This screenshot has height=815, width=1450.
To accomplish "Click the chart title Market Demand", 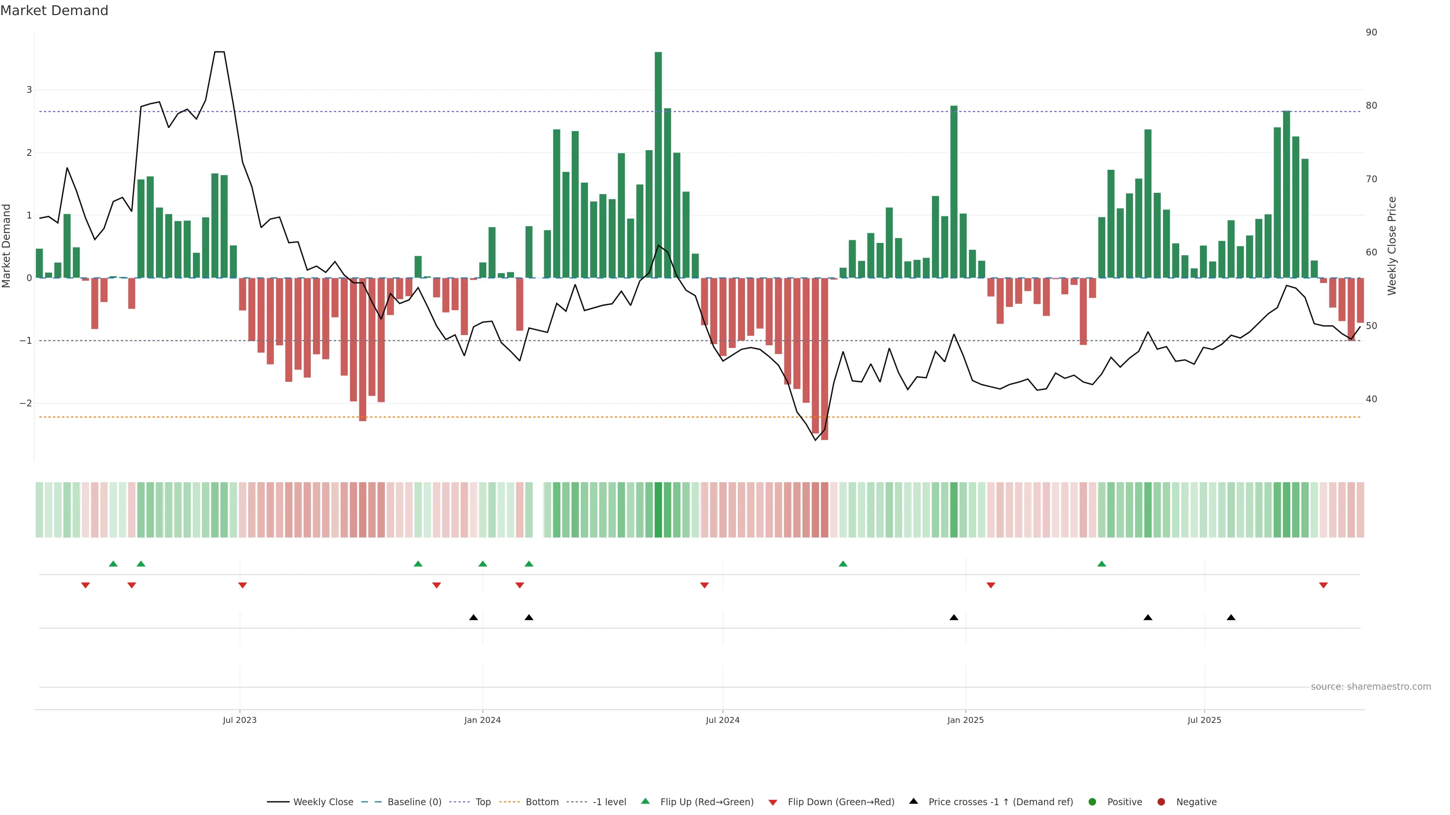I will [54, 11].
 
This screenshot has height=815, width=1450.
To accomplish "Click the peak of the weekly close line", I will [219, 52].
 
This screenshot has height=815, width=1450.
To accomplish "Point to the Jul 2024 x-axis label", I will [722, 720].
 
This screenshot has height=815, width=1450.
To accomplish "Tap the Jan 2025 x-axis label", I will [966, 720].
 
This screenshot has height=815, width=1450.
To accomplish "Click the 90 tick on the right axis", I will [1371, 32].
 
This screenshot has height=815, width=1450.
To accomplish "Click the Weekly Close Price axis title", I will [1392, 246].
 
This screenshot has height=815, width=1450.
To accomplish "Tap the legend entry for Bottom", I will [541, 802].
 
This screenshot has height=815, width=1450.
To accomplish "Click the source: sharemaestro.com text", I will [1371, 687].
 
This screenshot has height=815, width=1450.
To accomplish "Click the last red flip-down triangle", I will [1324, 586].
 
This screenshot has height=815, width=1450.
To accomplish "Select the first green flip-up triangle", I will [113, 564].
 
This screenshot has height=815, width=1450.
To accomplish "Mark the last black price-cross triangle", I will [1231, 618].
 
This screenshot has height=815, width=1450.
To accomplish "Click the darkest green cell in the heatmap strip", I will [658, 510].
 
